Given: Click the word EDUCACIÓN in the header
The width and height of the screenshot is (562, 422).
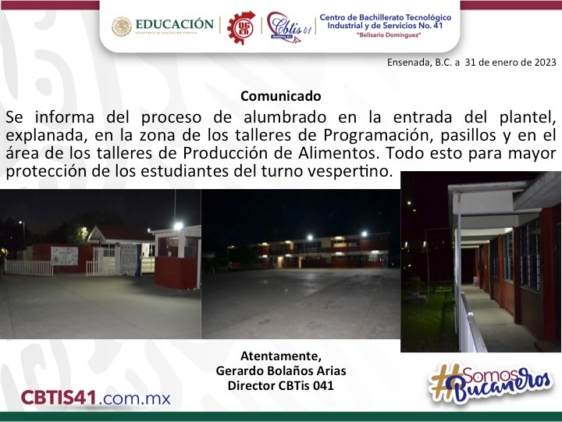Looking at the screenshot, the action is click(x=175, y=24).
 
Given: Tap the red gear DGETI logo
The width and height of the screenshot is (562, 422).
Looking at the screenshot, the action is click(x=241, y=27).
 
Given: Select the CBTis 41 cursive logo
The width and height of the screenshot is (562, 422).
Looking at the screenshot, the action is click(x=289, y=27).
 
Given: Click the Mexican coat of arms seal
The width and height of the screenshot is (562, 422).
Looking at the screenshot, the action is click(x=122, y=27).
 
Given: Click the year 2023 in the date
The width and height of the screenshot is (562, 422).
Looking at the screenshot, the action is click(x=545, y=62).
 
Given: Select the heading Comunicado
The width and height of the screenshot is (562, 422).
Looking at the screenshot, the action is click(x=281, y=96).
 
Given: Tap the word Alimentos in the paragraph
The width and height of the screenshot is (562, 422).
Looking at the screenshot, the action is click(x=338, y=153).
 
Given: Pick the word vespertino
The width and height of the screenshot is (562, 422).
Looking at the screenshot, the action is click(x=354, y=171).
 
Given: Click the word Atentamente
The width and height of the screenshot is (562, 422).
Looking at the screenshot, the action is click(x=281, y=356).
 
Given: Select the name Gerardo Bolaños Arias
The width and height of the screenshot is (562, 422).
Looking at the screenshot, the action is click(x=281, y=370).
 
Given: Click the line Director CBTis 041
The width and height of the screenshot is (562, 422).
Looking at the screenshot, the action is click(x=281, y=385).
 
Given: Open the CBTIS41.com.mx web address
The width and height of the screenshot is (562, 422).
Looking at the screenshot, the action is click(x=96, y=398).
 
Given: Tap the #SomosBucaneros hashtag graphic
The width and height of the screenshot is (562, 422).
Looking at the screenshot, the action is click(x=489, y=383).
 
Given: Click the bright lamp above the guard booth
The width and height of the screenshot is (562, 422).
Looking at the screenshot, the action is click(x=178, y=226).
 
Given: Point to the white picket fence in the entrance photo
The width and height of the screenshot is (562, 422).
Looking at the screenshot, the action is click(x=29, y=267).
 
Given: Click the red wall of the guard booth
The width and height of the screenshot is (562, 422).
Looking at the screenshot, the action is click(x=176, y=273).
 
